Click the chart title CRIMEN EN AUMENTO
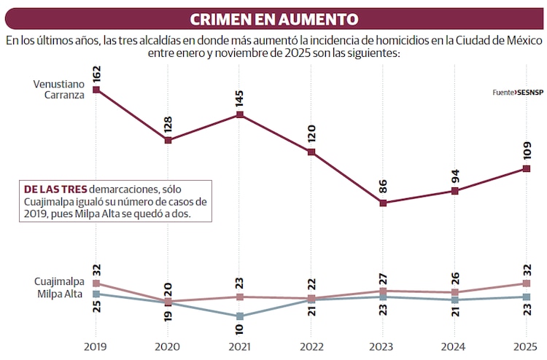pyautogui.click(x=273, y=19)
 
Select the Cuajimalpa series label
pyautogui.click(x=59, y=281)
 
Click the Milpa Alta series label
pyautogui.click(x=60, y=294)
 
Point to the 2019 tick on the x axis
pyautogui.click(x=96, y=346)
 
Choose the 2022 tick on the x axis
pyautogui.click(x=311, y=346)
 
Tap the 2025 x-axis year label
pyautogui.click(x=526, y=346)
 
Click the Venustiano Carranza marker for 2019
pyautogui.click(x=96, y=90)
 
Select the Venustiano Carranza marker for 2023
pyautogui.click(x=383, y=203)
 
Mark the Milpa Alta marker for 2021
pyautogui.click(x=239, y=316)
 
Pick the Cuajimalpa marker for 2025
pyautogui.click(x=526, y=283)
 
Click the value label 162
pyautogui.click(x=96, y=74)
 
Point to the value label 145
pyautogui.click(x=240, y=98)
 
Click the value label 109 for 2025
pyautogui.click(x=527, y=152)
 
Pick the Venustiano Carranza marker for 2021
pyautogui.click(x=239, y=114)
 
